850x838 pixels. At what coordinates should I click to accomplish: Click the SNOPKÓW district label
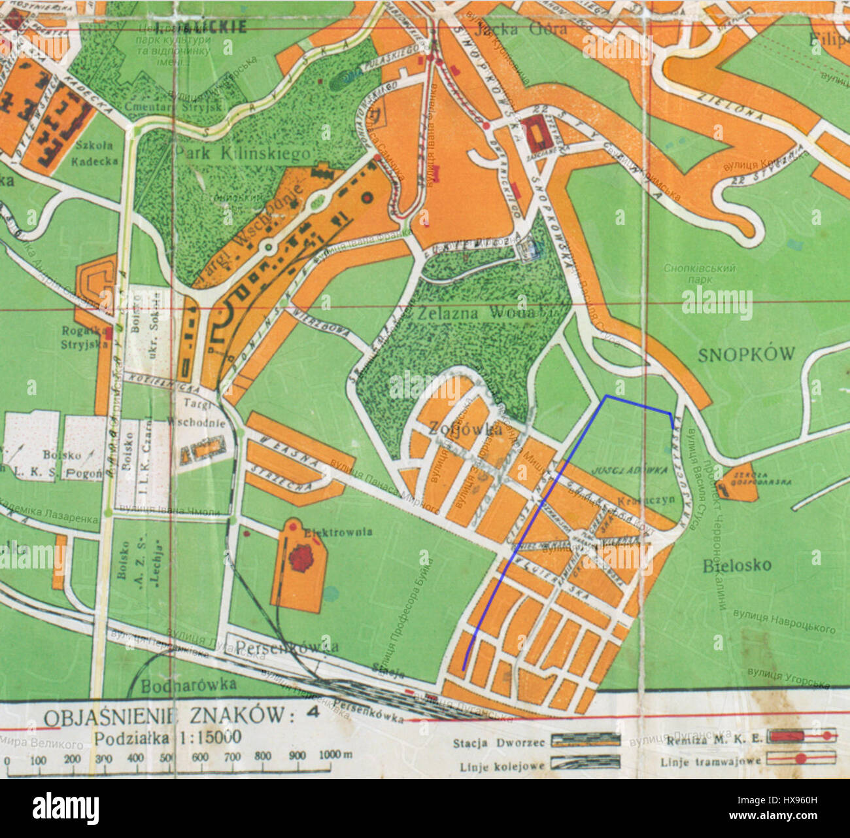pyautogui.click(x=746, y=355)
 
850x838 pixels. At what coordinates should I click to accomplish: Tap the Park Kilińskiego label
pyautogui.click(x=243, y=154)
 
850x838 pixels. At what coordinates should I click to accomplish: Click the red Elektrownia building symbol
pyautogui.click(x=302, y=558)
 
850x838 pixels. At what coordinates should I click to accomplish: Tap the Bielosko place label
pyautogui.click(x=737, y=565)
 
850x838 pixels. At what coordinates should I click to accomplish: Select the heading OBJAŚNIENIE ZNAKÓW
pyautogui.click(x=165, y=716)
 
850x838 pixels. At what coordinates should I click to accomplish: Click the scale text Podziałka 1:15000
pyautogui.click(x=168, y=737)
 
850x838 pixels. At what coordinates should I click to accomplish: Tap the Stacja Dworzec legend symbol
pyautogui.click(x=585, y=740)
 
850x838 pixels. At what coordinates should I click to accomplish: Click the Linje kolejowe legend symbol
pyautogui.click(x=585, y=762)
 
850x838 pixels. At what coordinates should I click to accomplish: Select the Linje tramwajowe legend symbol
pyautogui.click(x=801, y=759)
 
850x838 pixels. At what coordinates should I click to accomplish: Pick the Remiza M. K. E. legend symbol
pyautogui.click(x=801, y=737)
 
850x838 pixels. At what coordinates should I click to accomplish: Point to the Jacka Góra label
pyautogui.click(x=512, y=29)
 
